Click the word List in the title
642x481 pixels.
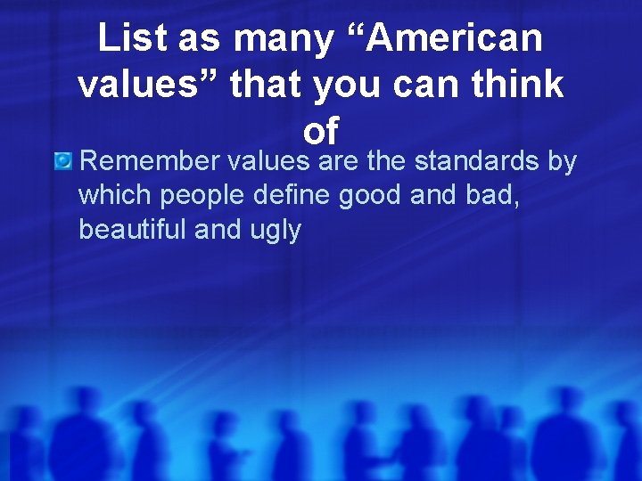coord(128,38)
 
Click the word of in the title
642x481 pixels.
coord(320,132)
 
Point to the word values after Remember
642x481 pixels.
coord(268,162)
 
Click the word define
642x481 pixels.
coord(289,195)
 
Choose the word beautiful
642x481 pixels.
coord(132,229)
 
